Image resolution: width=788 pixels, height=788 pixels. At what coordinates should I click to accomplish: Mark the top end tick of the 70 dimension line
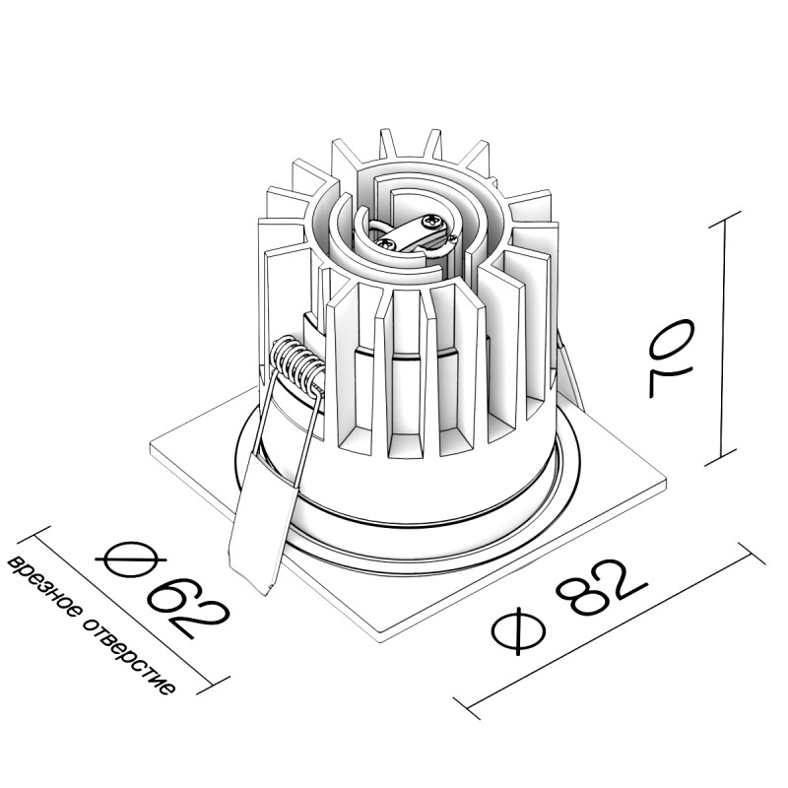click(x=727, y=214)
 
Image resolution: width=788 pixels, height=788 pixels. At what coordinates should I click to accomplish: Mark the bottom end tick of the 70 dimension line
click(x=727, y=461)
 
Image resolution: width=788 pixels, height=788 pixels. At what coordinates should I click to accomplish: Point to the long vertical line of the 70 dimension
click(x=727, y=335)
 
